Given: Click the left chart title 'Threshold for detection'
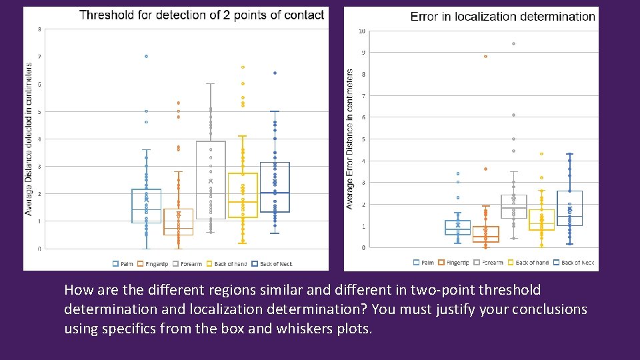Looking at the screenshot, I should click(201, 15).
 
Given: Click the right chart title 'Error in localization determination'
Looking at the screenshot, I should click(503, 17).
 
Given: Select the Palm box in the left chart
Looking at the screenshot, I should click(146, 206).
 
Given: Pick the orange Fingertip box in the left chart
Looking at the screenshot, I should click(178, 222).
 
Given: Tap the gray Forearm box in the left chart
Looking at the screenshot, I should click(211, 180).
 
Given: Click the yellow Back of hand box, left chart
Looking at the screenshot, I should click(243, 195).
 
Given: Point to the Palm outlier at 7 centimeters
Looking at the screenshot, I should click(146, 57).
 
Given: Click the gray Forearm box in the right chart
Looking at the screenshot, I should click(513, 207).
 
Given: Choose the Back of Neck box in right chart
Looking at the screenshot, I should click(569, 208).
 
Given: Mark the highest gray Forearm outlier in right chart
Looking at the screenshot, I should click(513, 44).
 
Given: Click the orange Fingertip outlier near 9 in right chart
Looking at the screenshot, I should click(485, 57).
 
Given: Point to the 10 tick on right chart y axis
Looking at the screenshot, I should click(362, 31).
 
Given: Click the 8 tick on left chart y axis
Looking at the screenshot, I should click(39, 29).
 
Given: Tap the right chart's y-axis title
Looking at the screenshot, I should click(350, 139).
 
